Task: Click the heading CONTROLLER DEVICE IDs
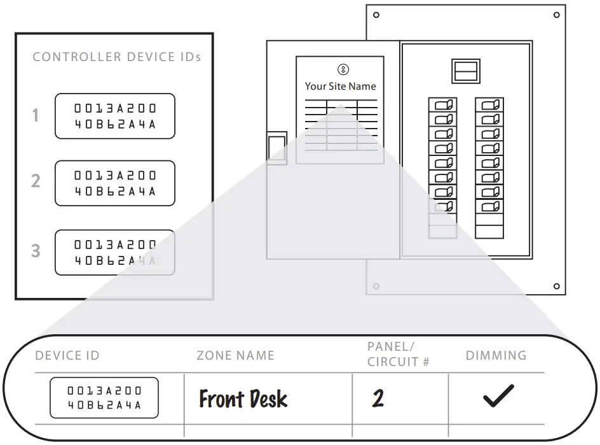coord(116,57)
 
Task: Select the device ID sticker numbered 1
coord(114,116)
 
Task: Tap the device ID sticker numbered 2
coord(114,183)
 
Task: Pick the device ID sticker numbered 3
coord(114,252)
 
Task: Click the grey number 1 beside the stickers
coord(36,116)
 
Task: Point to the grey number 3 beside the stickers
coord(36,251)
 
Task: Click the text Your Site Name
coord(340,87)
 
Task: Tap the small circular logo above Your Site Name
coord(343,69)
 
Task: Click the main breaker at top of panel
coord(466,71)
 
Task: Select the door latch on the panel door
coord(276,148)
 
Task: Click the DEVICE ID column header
coord(67,355)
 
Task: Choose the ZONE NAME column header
coord(235,355)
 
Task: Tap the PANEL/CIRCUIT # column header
coord(399,354)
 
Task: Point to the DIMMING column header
coord(496,355)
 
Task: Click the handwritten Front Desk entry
coord(243,399)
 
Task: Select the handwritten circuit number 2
coord(378,399)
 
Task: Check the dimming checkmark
coord(498,396)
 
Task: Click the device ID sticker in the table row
coord(104,398)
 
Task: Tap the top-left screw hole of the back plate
coord(376,15)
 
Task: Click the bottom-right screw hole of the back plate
coord(556,286)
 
